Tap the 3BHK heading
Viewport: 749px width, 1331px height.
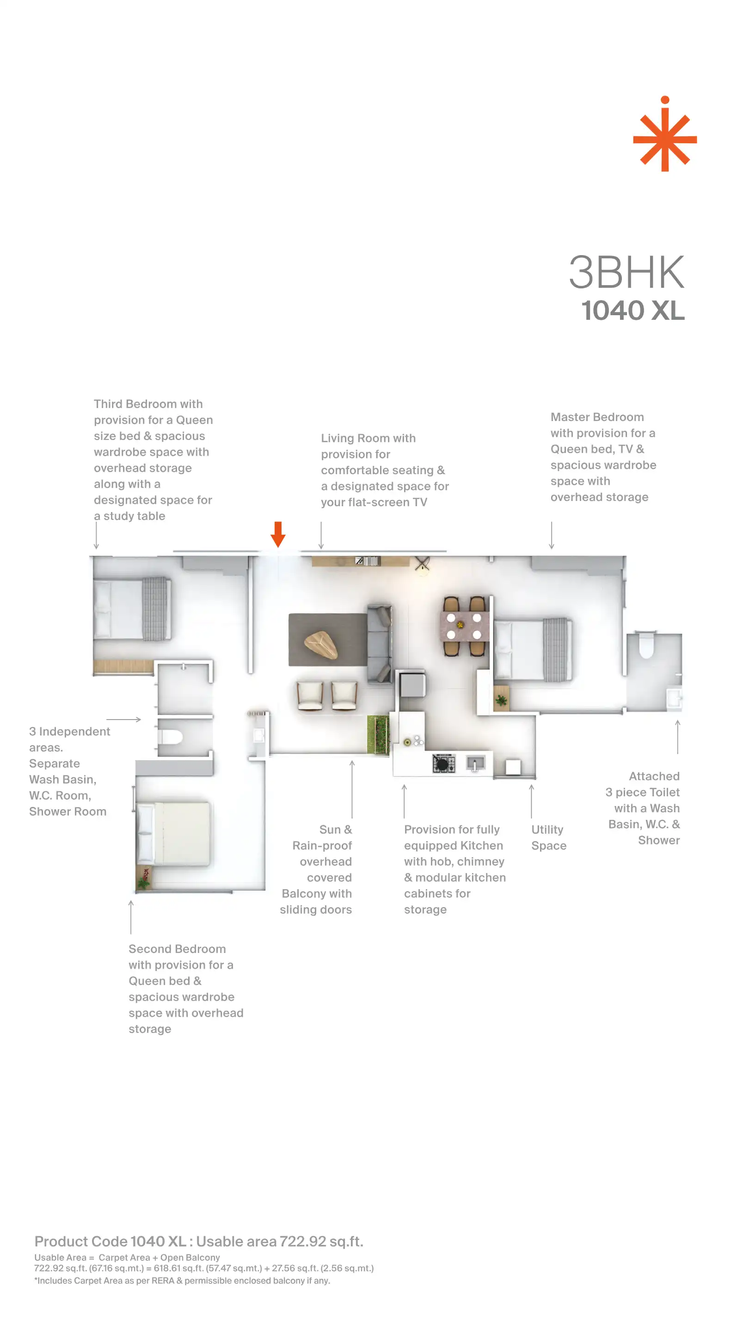click(x=626, y=272)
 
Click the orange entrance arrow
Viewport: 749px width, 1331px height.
click(x=278, y=534)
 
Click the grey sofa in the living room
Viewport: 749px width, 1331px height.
click(x=380, y=644)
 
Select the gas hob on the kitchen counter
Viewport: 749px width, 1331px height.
click(x=443, y=763)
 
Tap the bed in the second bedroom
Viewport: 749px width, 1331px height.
click(x=173, y=833)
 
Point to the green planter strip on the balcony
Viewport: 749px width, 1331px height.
click(x=378, y=734)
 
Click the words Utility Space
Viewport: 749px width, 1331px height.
click(x=548, y=837)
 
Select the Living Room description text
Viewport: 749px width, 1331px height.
click(x=385, y=470)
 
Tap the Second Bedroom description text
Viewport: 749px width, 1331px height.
click(x=185, y=989)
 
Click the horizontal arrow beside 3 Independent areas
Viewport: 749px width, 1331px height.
click(x=123, y=719)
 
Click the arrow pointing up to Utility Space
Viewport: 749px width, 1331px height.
click(x=531, y=801)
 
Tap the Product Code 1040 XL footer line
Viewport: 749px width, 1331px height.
click(x=199, y=1241)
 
